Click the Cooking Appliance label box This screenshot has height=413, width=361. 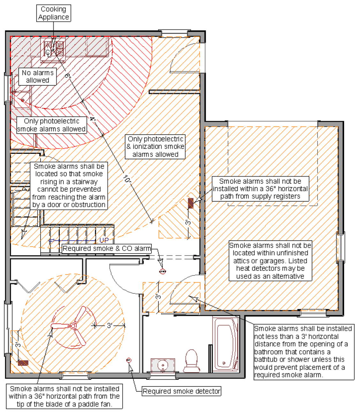point(53,13)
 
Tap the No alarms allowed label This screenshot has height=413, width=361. point(37,76)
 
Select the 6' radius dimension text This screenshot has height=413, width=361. point(67,75)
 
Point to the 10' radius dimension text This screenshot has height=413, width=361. point(127,179)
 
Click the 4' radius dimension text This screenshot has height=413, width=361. point(92,119)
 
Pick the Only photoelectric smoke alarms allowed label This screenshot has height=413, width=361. point(52,125)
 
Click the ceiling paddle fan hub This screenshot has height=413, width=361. point(73,326)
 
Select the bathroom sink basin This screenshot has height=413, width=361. point(163,365)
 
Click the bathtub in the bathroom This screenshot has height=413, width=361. point(226,344)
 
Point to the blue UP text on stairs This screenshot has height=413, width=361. point(104,240)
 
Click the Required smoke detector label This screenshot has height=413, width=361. point(181,391)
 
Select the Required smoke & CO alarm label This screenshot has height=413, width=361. point(107,248)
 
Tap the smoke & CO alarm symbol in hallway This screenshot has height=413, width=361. point(163,271)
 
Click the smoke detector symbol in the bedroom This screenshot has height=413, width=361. point(129,360)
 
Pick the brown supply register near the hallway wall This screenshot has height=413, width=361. point(191,203)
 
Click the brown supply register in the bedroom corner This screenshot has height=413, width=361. point(23,363)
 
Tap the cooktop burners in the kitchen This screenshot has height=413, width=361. point(54,49)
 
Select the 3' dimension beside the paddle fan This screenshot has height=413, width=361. point(110,325)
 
